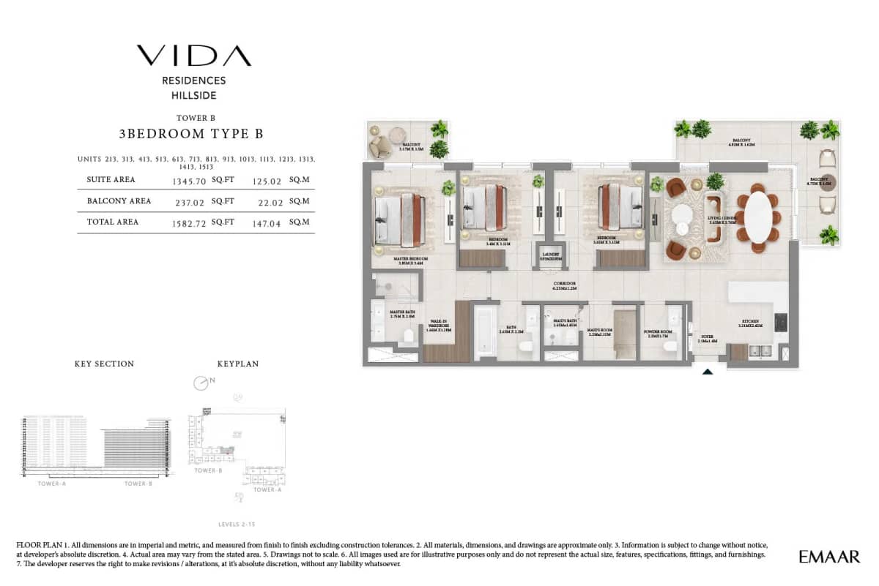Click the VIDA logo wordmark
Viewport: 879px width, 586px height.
[193, 56]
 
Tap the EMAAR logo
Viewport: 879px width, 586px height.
[829, 557]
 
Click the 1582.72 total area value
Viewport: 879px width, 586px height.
[187, 222]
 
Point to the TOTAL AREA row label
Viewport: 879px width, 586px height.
[112, 222]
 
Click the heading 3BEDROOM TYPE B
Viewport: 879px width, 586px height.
[190, 134]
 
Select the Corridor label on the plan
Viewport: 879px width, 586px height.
[564, 285]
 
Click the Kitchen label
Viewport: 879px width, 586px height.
[749, 322]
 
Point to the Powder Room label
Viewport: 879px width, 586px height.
[657, 332]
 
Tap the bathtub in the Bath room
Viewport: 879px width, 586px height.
[485, 333]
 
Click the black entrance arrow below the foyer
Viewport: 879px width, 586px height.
[708, 372]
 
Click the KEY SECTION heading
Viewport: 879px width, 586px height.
[104, 364]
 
